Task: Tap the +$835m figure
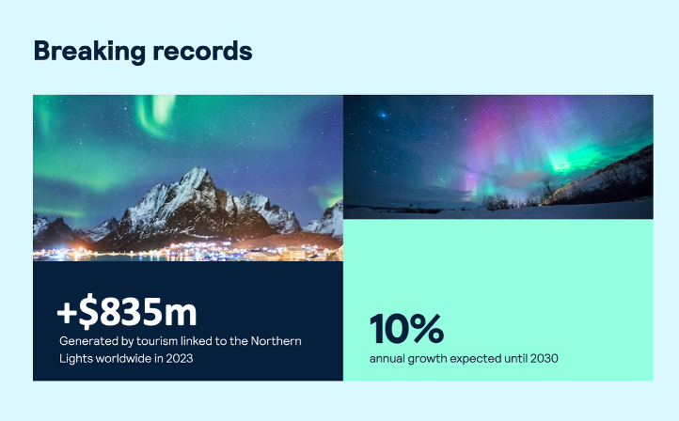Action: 127,312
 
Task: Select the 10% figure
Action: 406,329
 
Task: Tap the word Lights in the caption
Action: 76,358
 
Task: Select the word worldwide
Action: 130,358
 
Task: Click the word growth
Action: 434,358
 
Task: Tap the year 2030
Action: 543,358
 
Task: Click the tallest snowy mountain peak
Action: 198,173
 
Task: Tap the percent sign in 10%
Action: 426,329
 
